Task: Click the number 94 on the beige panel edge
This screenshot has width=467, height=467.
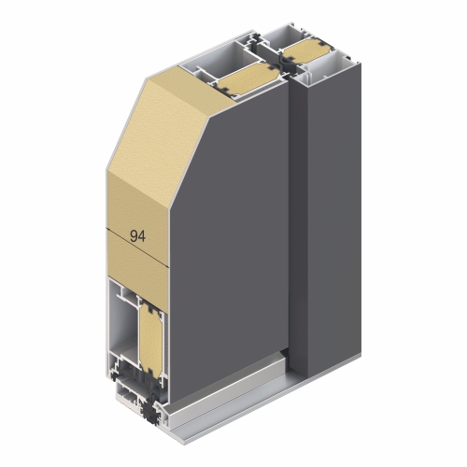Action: click(x=137, y=236)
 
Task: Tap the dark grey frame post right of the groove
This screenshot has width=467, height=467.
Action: click(x=334, y=218)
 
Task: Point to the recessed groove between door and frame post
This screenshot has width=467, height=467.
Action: click(x=298, y=218)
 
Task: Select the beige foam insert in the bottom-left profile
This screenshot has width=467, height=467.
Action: click(x=150, y=338)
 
